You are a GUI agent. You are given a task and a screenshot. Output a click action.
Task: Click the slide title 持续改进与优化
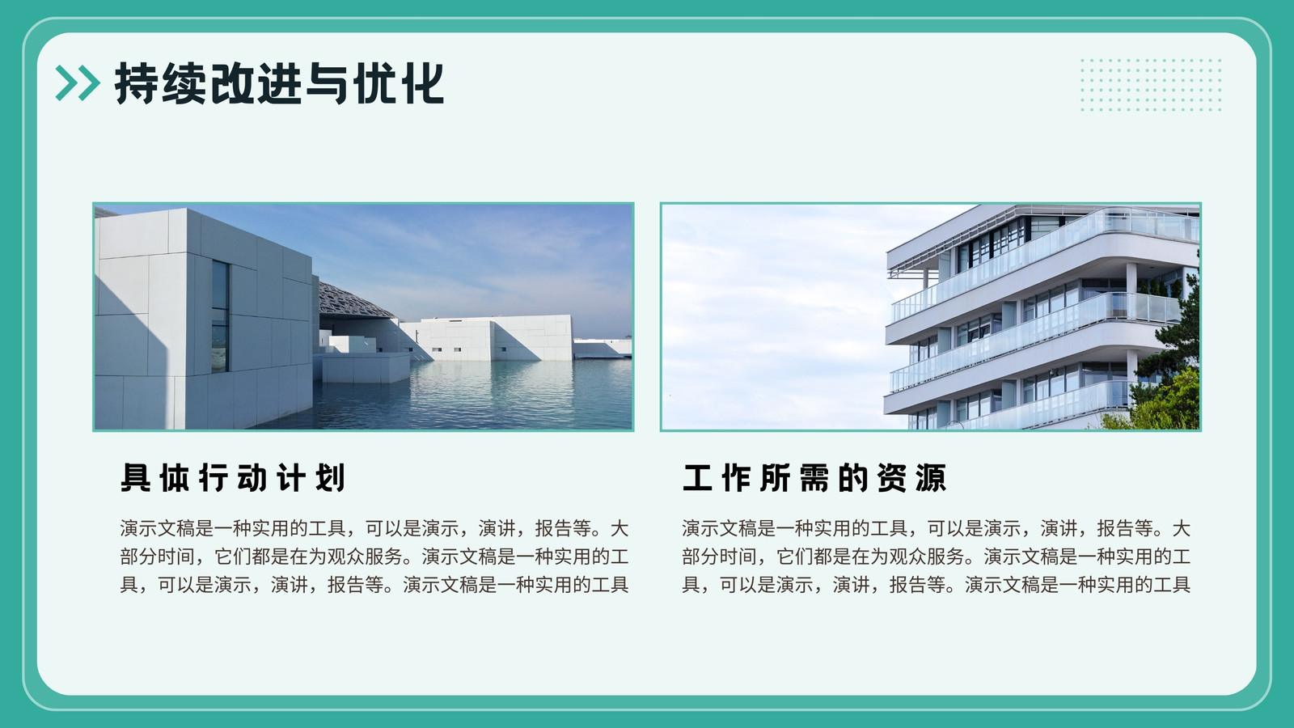[x=280, y=84]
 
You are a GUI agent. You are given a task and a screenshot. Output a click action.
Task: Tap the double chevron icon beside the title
[x=78, y=83]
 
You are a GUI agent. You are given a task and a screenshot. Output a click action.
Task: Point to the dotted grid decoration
[x=1151, y=85]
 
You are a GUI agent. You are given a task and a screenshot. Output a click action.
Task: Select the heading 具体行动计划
[x=233, y=478]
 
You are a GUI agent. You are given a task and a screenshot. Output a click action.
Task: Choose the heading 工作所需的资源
[x=814, y=478]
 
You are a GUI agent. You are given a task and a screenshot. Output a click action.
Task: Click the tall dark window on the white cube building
[x=220, y=316]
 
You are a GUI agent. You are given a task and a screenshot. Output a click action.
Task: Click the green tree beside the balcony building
[x=1167, y=370]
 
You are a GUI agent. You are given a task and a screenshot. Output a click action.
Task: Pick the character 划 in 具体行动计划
[x=331, y=478]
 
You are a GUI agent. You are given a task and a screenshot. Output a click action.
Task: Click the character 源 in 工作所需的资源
[x=931, y=478]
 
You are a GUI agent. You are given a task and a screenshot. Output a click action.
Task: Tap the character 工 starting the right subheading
[x=697, y=478]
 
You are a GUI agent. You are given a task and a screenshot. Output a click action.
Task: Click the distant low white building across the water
[x=602, y=347]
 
